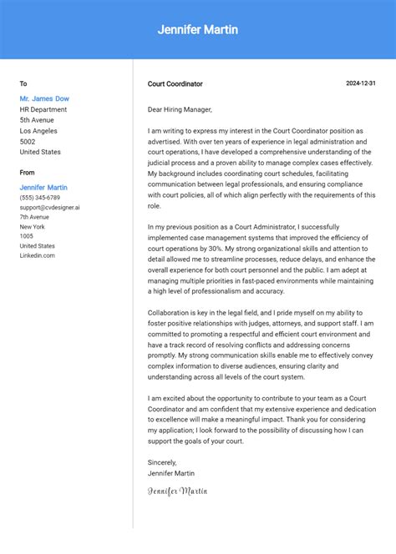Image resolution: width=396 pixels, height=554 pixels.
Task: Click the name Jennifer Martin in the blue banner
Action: (x=198, y=30)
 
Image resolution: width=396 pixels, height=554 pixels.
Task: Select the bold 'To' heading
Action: (x=23, y=83)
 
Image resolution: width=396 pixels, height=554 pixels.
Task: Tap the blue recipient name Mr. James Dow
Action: (x=44, y=98)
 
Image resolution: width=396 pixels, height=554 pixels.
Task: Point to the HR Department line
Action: (x=43, y=109)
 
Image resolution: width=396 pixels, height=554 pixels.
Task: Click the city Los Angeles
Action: (x=38, y=131)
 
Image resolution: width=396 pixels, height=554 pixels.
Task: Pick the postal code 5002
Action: (x=28, y=142)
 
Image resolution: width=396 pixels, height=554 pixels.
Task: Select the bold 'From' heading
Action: (x=28, y=173)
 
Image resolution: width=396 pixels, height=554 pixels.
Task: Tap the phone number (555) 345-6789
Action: (x=40, y=198)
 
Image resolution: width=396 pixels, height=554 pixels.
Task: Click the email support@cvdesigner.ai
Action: (x=50, y=207)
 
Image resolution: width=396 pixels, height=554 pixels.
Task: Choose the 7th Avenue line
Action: (x=34, y=217)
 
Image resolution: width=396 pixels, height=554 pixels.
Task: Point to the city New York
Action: (x=33, y=227)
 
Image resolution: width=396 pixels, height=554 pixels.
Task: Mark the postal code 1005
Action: (x=27, y=236)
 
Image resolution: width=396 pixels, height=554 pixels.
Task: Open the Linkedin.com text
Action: (x=38, y=255)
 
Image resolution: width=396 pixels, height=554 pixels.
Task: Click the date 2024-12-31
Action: (x=361, y=83)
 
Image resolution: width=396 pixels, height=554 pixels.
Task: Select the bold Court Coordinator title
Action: (x=175, y=83)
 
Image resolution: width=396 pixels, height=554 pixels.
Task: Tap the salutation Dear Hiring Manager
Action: (x=180, y=109)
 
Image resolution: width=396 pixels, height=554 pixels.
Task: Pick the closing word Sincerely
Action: (x=162, y=462)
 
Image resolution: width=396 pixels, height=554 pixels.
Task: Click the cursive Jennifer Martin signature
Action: (x=177, y=491)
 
